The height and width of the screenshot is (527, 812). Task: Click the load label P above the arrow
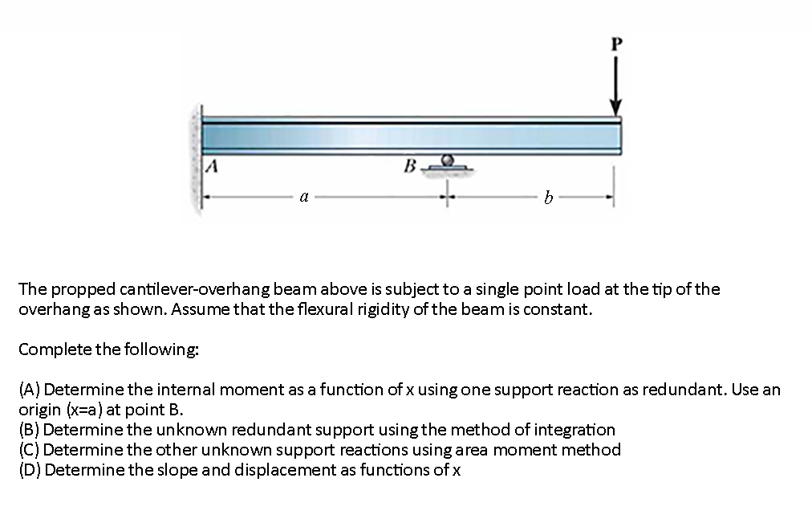click(x=615, y=44)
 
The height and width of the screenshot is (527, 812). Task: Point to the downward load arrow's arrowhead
click(x=615, y=108)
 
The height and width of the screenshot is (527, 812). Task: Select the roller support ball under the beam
click(x=450, y=161)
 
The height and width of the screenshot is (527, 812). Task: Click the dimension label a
click(x=302, y=195)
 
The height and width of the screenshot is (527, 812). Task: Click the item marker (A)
click(x=30, y=390)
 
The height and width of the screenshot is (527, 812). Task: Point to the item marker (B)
click(x=30, y=430)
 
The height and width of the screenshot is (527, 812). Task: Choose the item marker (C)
click(x=30, y=450)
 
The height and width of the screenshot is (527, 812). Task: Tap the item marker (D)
click(x=30, y=470)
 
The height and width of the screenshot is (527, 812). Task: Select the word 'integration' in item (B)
click(x=572, y=430)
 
